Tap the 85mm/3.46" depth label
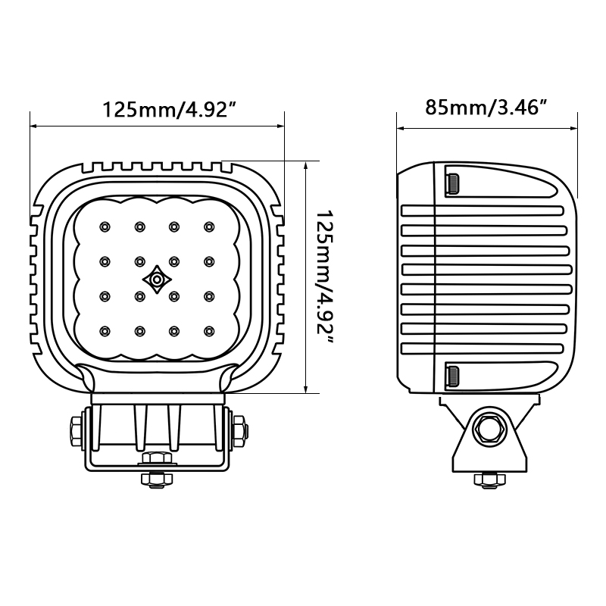pyautogui.click(x=486, y=108)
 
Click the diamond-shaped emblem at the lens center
pyautogui.click(x=156, y=280)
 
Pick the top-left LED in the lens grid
pyautogui.click(x=105, y=226)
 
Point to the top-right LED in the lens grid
pyautogui.click(x=208, y=226)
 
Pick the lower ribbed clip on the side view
pyautogui.click(x=451, y=374)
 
